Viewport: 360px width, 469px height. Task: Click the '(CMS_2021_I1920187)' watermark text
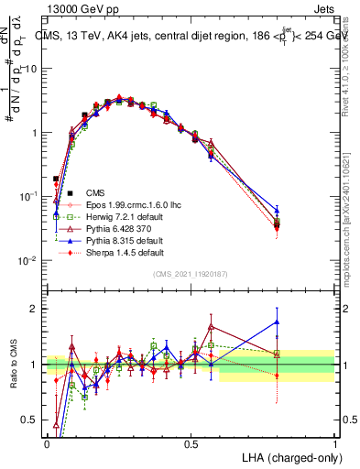190,273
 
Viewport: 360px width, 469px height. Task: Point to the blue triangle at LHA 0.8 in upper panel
277,210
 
